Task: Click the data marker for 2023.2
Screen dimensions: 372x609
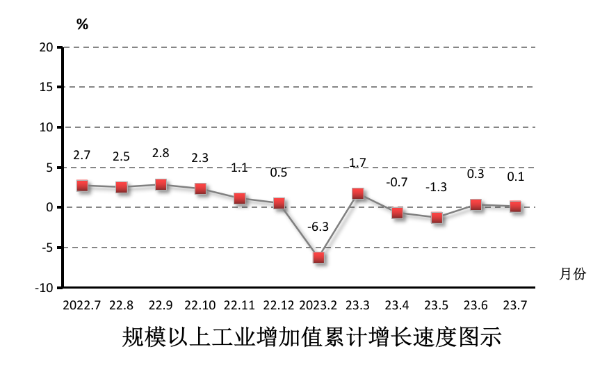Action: click(318, 257)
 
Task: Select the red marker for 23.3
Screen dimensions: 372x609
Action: click(358, 193)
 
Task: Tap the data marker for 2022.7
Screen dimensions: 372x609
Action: click(82, 185)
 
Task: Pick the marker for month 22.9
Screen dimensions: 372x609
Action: click(161, 184)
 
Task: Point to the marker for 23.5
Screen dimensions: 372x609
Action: click(437, 218)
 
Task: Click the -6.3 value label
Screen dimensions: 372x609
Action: click(318, 227)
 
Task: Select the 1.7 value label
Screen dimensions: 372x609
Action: click(357, 163)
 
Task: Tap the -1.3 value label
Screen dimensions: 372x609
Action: click(437, 187)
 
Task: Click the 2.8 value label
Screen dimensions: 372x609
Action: click(161, 154)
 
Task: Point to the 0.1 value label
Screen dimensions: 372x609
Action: click(515, 177)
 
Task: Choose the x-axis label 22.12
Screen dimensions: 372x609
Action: click(279, 305)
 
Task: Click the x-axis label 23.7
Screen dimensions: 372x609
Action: click(515, 305)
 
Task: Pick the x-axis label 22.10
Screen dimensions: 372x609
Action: click(200, 305)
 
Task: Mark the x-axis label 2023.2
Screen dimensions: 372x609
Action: click(318, 305)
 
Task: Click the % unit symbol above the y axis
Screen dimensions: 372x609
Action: click(82, 24)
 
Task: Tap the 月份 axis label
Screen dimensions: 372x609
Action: click(573, 274)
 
